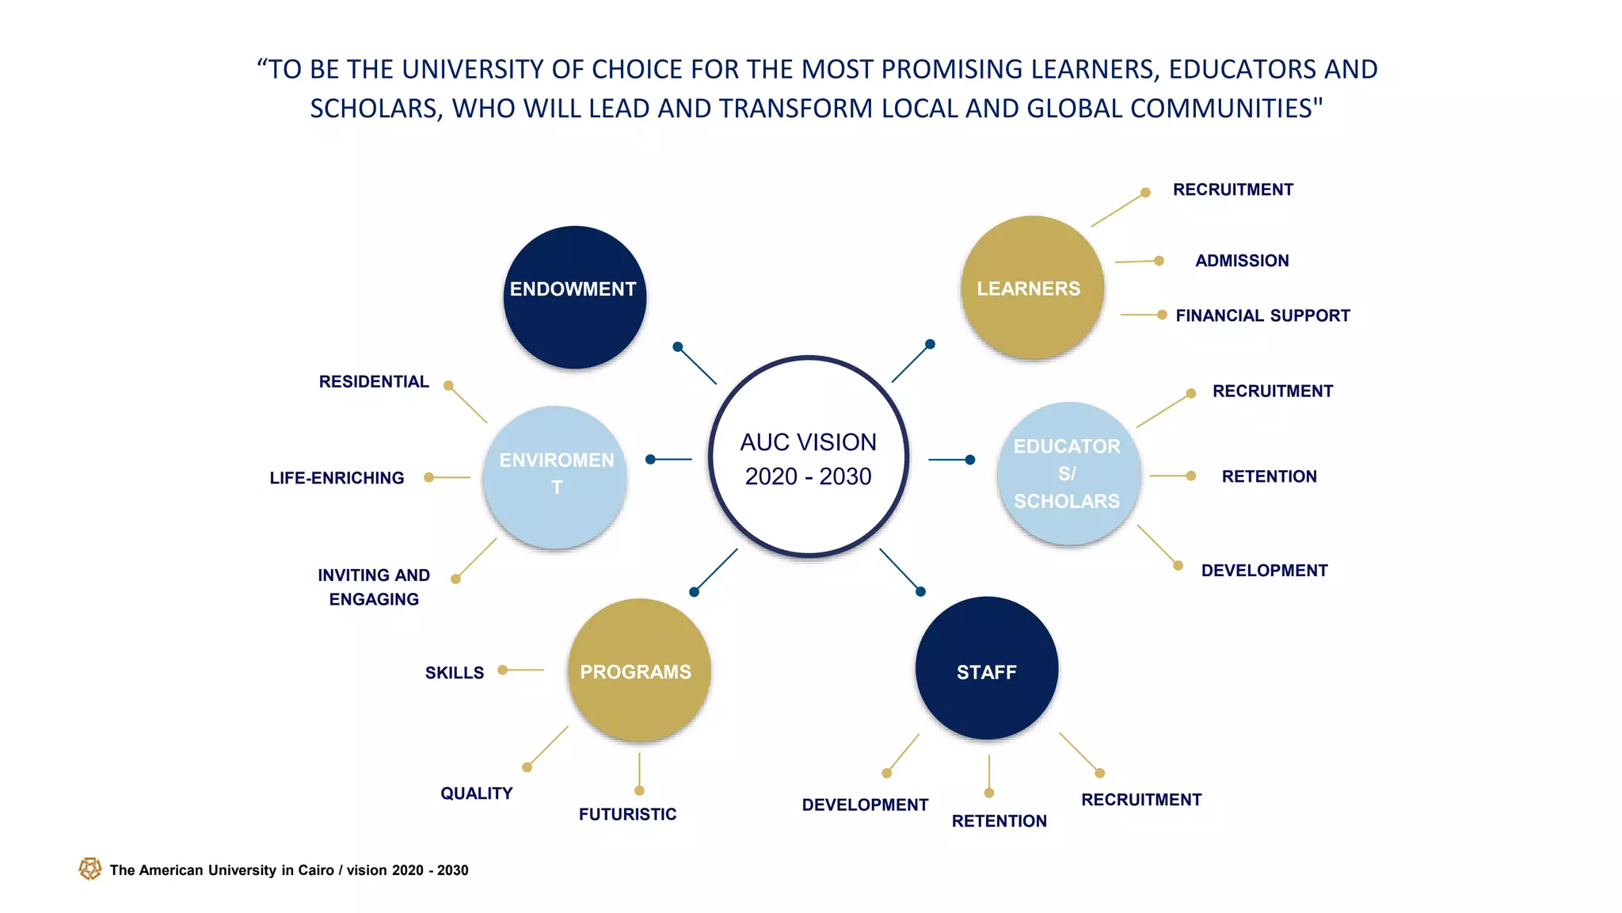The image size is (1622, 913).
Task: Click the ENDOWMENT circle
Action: tap(574, 297)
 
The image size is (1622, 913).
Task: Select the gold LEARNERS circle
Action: tap(1032, 288)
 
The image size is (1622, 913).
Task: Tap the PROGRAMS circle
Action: tap(639, 670)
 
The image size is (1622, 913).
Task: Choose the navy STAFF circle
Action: tap(987, 668)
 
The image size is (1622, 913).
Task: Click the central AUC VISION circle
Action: tap(809, 457)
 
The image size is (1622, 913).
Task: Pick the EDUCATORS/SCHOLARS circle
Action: tap(1068, 474)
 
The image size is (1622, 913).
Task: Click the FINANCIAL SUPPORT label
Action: tap(1262, 315)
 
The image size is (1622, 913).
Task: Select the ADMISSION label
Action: tap(1242, 261)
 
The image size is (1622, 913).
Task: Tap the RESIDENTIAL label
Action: tap(374, 382)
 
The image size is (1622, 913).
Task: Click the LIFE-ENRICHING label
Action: tap(337, 478)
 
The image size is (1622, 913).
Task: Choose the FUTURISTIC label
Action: tap(627, 815)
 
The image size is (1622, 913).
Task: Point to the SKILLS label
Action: tap(454, 673)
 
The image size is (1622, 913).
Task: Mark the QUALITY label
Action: tap(476, 793)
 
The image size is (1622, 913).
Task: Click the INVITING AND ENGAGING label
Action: tap(374, 587)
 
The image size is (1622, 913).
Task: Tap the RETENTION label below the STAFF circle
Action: tap(999, 821)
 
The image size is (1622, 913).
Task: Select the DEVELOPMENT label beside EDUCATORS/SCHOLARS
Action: tap(1264, 571)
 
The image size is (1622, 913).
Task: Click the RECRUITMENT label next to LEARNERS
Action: tap(1232, 189)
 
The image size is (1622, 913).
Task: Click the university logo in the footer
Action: tap(90, 869)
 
